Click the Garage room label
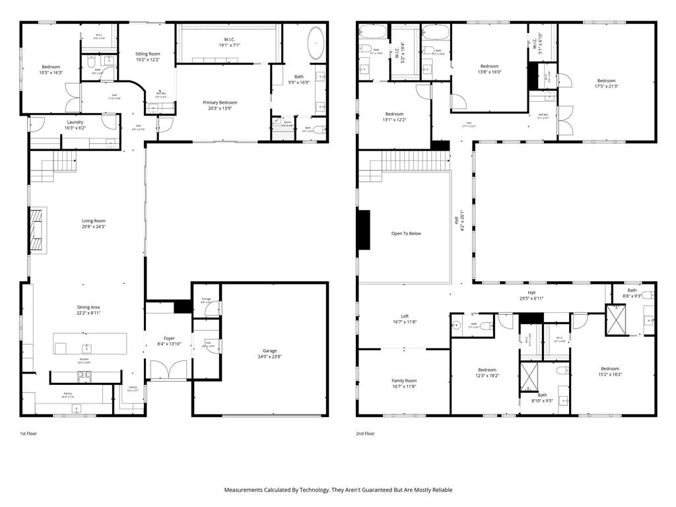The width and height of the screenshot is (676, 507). [268, 354]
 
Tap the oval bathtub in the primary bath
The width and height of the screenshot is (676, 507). [316, 44]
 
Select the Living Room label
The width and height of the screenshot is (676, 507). [94, 224]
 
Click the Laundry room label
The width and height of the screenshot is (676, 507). [75, 125]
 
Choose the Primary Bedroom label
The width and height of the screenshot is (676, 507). [220, 105]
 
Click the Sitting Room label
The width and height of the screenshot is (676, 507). [147, 56]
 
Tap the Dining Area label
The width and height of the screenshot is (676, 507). [88, 310]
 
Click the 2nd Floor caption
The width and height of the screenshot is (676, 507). [365, 434]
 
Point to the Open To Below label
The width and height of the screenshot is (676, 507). [405, 233]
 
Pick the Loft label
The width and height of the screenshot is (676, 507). [405, 319]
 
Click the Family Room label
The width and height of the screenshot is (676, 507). [404, 384]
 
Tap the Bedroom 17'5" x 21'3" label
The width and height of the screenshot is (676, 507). [606, 83]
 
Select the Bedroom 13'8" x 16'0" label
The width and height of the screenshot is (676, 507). [489, 69]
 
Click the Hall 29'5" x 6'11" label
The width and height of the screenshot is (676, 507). [531, 295]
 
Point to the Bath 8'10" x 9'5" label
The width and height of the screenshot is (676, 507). [542, 397]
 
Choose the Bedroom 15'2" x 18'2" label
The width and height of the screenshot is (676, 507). [609, 372]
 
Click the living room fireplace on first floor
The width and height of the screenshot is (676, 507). [38, 230]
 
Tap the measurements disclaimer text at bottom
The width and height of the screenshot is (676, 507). [338, 490]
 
